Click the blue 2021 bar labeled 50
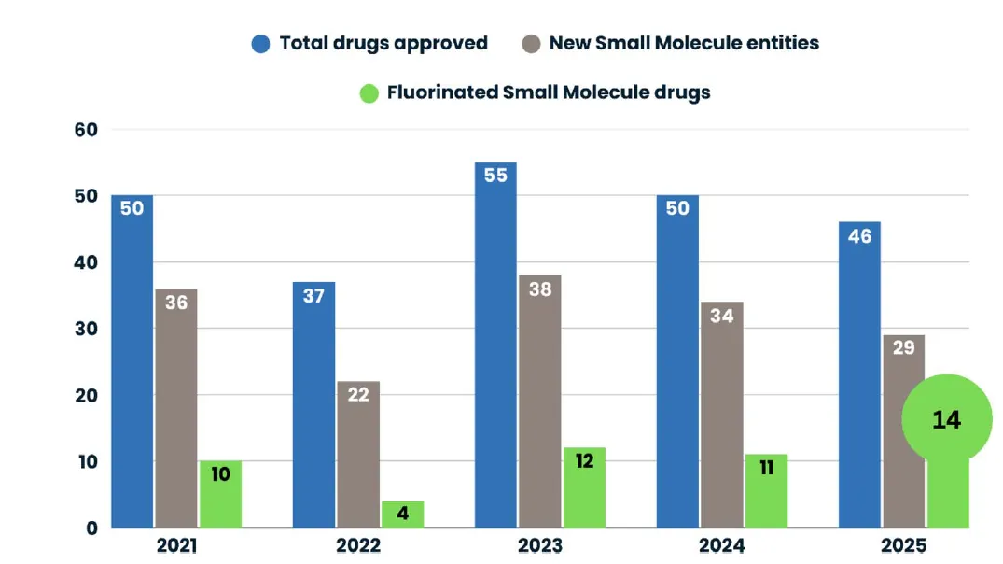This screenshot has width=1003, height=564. tap(132, 361)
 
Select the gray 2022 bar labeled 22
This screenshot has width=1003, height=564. tap(358, 455)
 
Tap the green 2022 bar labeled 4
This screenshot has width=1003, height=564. tap(402, 515)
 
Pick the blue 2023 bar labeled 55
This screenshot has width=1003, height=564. tap(495, 345)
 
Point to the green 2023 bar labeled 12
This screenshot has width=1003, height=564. tap(584, 487)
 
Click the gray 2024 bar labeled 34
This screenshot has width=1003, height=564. tap(721, 415)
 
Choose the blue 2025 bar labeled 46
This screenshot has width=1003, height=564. tap(859, 374)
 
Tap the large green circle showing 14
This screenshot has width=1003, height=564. tap(947, 419)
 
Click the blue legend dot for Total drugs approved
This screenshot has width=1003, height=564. tap(261, 44)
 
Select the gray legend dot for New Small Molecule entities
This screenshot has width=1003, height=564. tap(531, 44)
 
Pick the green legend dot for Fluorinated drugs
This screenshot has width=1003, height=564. tap(369, 92)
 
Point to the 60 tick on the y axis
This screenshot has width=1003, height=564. tap(86, 129)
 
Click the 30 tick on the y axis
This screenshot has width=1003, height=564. tap(86, 329)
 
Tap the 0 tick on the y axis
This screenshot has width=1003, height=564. tap(92, 529)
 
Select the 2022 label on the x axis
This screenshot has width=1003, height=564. tap(358, 545)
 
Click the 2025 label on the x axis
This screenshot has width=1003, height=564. tap(903, 545)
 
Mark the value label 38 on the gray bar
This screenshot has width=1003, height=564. tap(540, 289)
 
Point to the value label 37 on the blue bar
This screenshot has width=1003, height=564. tap(313, 296)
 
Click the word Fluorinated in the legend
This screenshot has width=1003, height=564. tap(442, 92)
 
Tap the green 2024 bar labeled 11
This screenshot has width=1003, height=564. tap(766, 491)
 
